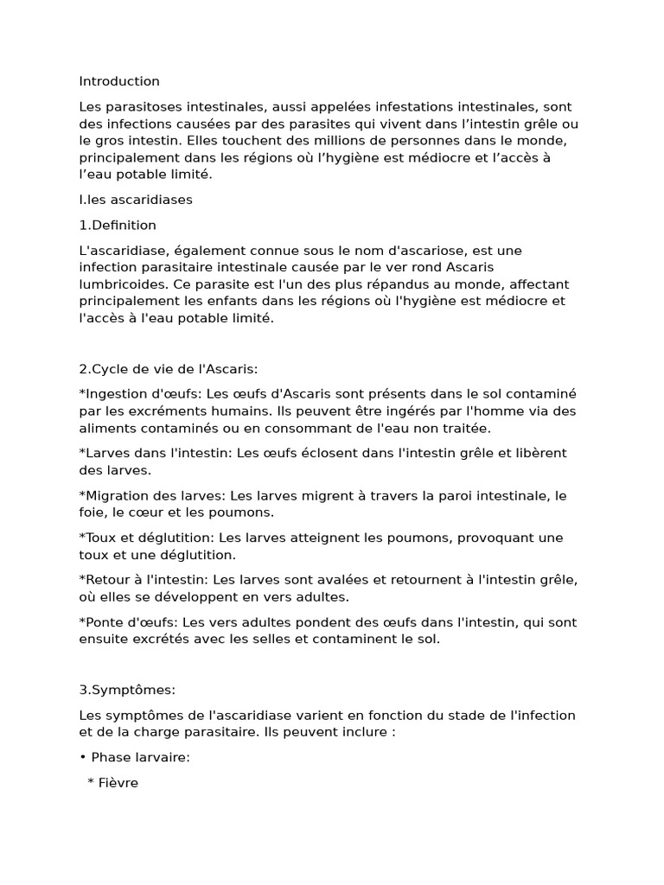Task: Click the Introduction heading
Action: click(x=119, y=81)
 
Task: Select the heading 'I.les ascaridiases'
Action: click(x=136, y=200)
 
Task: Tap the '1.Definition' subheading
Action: click(x=118, y=226)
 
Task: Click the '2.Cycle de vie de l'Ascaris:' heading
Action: click(x=169, y=369)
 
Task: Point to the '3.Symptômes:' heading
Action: click(x=127, y=690)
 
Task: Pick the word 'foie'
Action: click(x=91, y=513)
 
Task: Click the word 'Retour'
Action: click(x=107, y=580)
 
